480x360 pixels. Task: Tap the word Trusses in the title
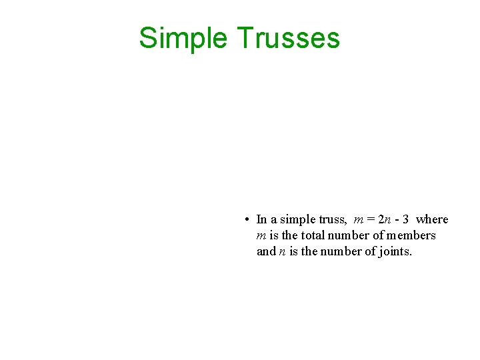pos(288,39)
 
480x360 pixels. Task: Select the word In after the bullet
pos(261,219)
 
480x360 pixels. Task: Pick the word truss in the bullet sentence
pos(332,219)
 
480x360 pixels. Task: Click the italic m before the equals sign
pos(359,220)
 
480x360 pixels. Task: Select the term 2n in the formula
pos(385,219)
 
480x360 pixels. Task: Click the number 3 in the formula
pos(405,219)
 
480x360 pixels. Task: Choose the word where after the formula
pos(432,219)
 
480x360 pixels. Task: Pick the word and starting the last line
pos(265,251)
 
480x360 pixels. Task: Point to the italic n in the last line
pos(282,252)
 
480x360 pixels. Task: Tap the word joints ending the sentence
pos(395,251)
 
